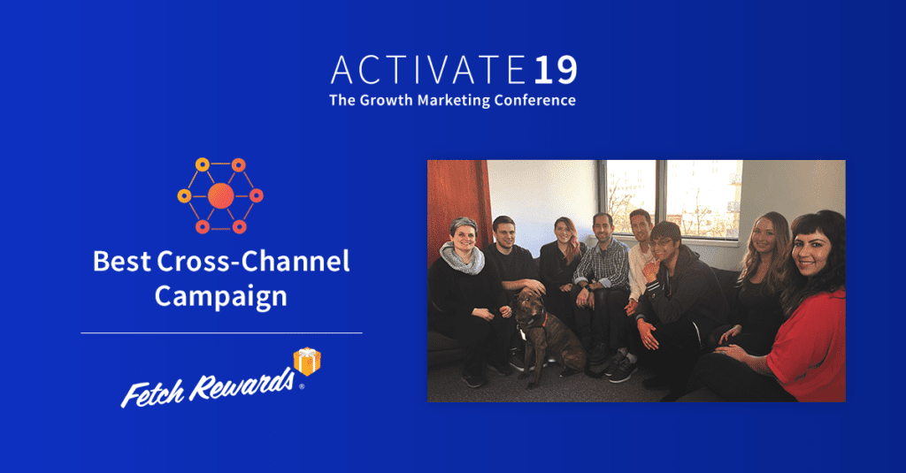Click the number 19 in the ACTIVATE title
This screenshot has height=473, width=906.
click(555, 70)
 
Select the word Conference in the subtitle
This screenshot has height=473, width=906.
click(534, 100)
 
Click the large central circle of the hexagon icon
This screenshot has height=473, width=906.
click(220, 195)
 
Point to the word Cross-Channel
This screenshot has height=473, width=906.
click(253, 261)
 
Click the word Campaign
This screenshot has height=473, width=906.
click(220, 297)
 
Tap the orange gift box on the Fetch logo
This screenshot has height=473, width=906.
click(307, 361)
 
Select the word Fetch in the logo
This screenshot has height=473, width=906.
click(152, 394)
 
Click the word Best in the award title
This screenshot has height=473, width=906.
click(121, 261)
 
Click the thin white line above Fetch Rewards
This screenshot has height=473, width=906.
click(221, 333)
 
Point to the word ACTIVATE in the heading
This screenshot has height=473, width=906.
click(428, 70)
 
